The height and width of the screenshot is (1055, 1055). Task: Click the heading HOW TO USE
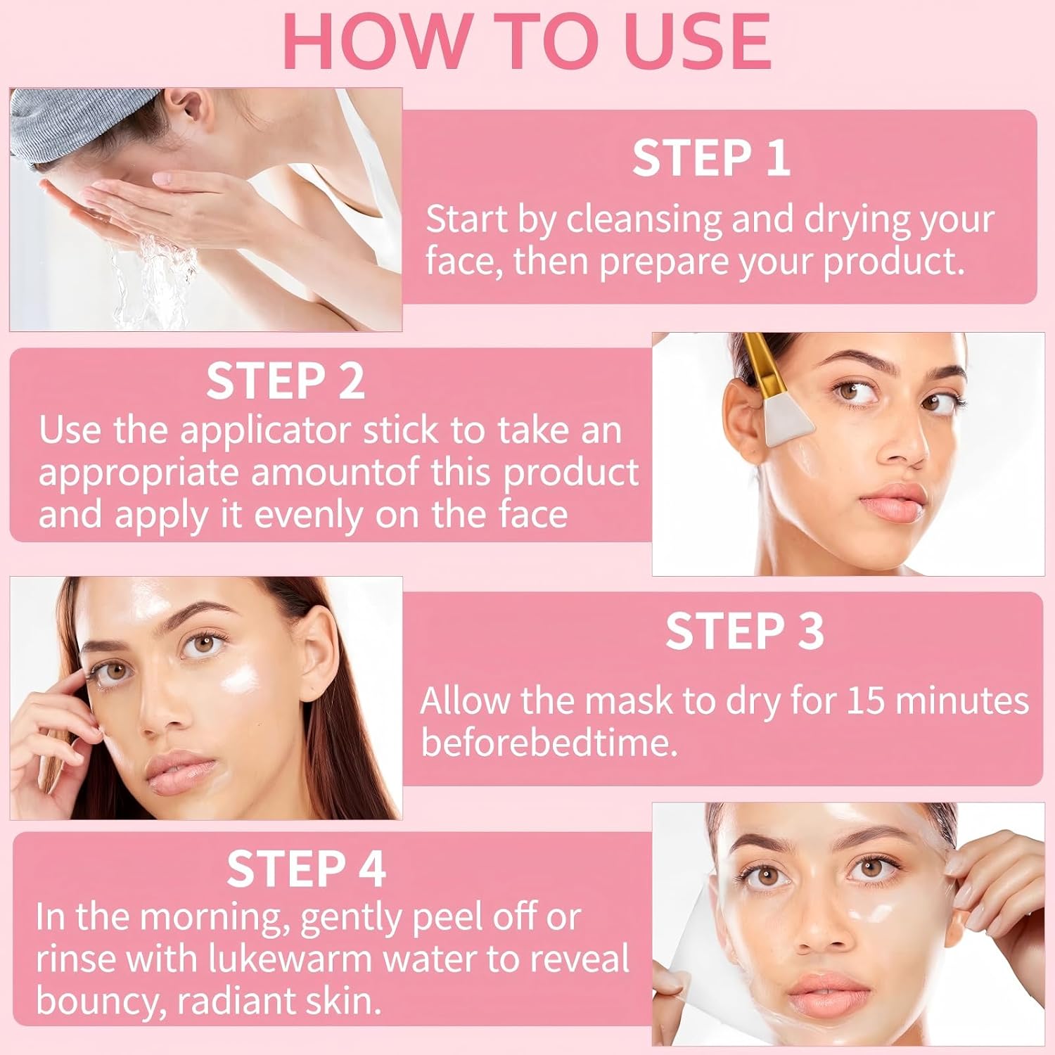527,41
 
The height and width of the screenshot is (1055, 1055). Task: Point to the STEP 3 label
744,631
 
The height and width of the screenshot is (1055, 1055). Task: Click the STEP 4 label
306,869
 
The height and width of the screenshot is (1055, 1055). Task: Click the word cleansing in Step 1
644,221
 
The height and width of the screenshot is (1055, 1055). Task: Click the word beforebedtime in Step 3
549,743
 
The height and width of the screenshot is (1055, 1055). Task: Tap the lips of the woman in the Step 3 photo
180,770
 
